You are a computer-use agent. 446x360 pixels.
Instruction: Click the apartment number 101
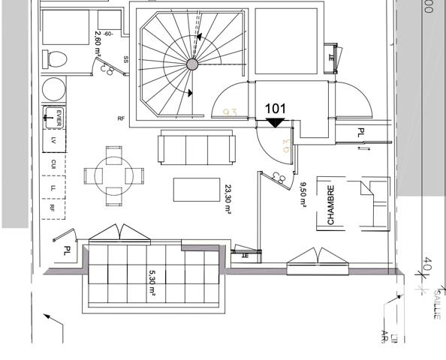pyautogui.click(x=276, y=109)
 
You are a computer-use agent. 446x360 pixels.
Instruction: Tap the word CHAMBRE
pyautogui.click(x=330, y=205)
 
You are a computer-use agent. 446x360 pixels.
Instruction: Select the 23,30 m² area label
pyautogui.click(x=227, y=199)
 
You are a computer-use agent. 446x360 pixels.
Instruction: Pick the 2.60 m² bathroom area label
pyautogui.click(x=98, y=49)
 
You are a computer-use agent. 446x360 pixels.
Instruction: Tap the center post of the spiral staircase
pyautogui.click(x=192, y=64)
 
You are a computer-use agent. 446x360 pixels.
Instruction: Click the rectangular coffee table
pyautogui.click(x=197, y=190)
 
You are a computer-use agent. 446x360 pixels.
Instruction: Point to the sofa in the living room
pyautogui.click(x=197, y=147)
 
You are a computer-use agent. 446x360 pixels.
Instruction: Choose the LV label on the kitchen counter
pyautogui.click(x=53, y=140)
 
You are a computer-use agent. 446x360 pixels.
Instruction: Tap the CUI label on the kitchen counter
pyautogui.click(x=53, y=163)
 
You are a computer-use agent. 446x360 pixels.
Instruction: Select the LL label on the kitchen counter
pyautogui.click(x=53, y=187)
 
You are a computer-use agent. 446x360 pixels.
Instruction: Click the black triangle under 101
pyautogui.click(x=276, y=121)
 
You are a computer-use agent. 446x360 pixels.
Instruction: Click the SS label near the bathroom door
pyautogui.click(x=126, y=59)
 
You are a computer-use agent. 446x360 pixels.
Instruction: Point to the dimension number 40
pyautogui.click(x=428, y=265)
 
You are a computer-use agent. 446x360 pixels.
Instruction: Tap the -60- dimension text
pyautogui.click(x=109, y=34)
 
